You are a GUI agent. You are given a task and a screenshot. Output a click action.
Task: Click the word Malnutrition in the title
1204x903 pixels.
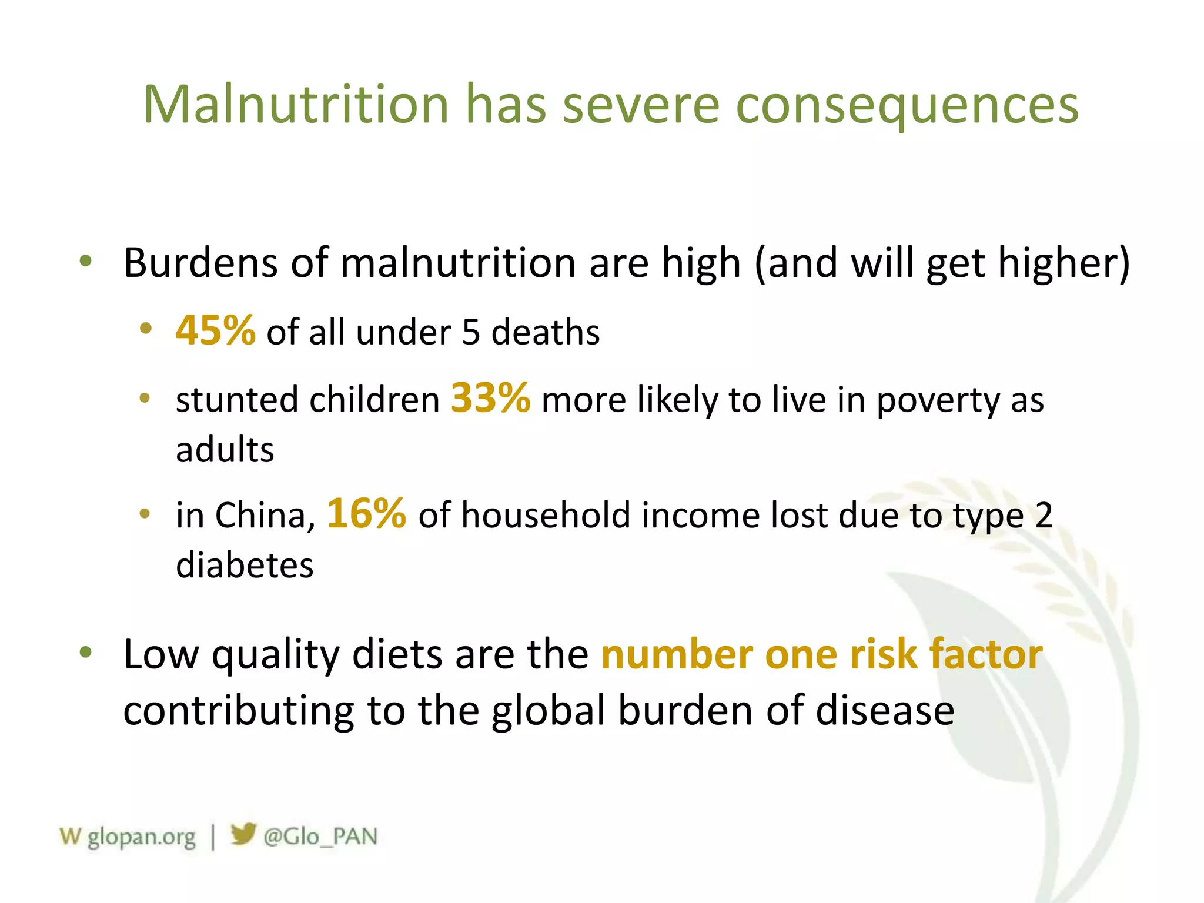296,105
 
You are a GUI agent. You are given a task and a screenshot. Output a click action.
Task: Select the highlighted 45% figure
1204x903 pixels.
215,330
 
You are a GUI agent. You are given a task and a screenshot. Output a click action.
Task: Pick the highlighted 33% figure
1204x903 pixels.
490,398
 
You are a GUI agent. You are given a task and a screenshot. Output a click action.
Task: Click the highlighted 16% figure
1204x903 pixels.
366,513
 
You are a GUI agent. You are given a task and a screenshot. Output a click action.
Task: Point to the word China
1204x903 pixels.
261,516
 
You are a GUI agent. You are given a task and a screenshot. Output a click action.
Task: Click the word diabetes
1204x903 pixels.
245,566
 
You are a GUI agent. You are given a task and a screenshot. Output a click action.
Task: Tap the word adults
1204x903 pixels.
225,450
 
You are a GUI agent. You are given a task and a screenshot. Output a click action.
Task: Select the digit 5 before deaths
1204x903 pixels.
471,332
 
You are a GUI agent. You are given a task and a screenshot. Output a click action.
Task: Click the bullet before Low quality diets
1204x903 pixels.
86,652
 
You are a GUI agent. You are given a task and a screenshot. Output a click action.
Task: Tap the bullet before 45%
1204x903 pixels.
146,329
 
